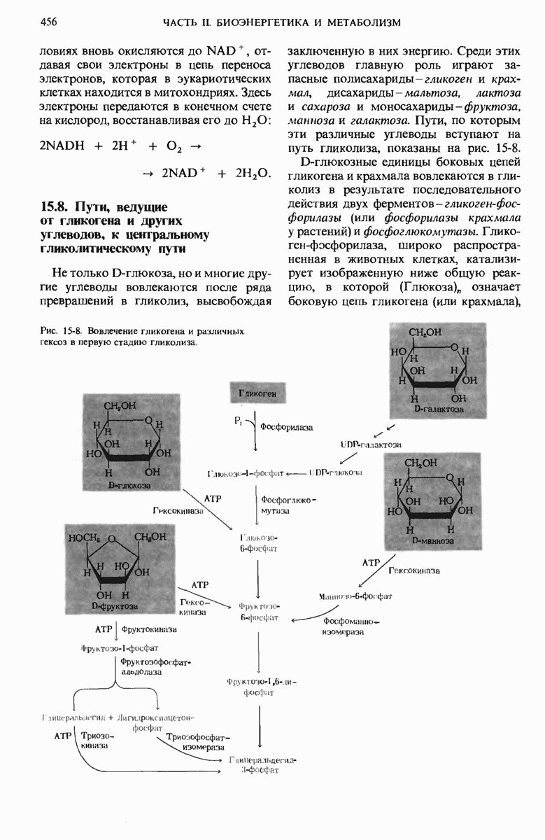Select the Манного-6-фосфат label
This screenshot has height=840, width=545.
[355, 596]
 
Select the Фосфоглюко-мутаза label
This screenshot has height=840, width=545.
[288, 506]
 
